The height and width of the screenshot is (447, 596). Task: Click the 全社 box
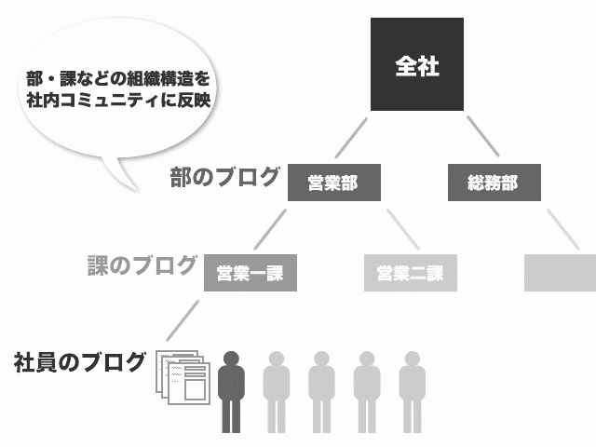click(416, 66)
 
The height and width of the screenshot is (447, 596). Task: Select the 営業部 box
click(332, 183)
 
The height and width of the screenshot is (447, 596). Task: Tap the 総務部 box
click(494, 183)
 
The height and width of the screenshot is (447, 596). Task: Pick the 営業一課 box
click(249, 273)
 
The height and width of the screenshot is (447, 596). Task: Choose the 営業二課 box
click(411, 273)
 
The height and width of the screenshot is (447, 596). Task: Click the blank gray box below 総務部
click(560, 273)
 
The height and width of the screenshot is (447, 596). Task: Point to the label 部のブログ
click(224, 176)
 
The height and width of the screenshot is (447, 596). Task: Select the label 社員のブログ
click(81, 361)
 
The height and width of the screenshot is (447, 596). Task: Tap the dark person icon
click(232, 391)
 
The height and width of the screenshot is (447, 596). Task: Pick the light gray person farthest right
click(413, 391)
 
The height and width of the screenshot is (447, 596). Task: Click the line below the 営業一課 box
click(184, 319)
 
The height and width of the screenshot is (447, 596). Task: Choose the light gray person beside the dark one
click(277, 391)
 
